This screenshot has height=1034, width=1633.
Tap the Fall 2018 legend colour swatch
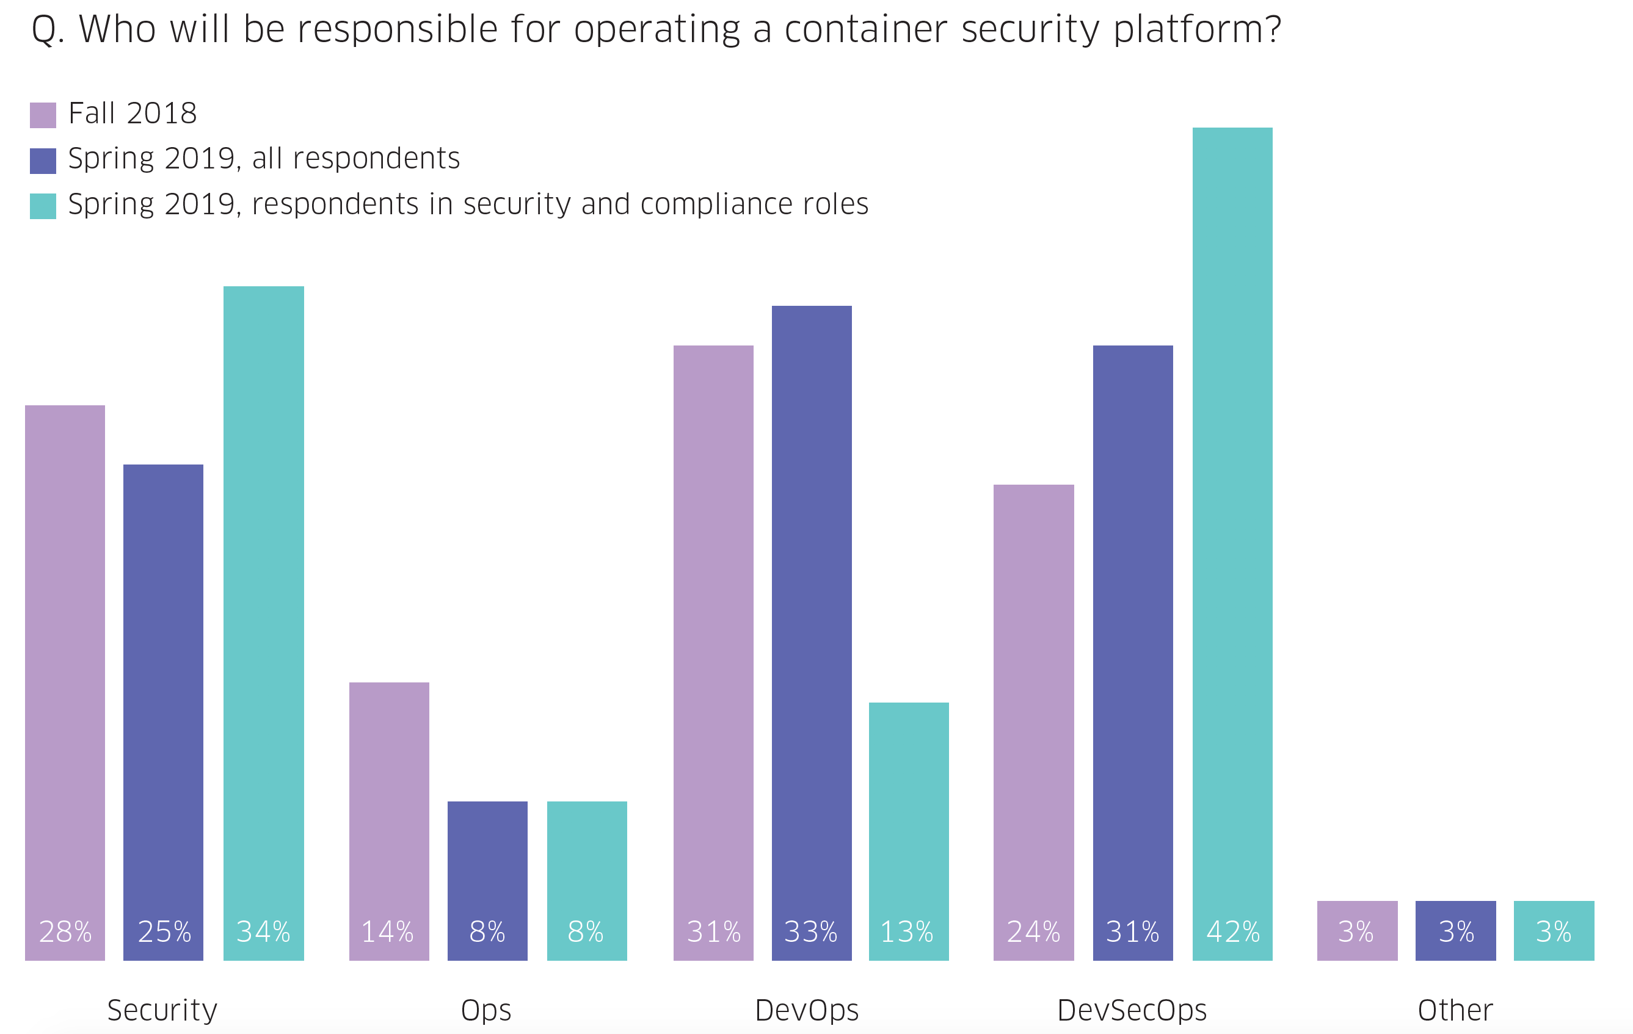pyautogui.click(x=43, y=115)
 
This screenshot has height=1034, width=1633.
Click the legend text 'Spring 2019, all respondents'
pyautogui.click(x=264, y=159)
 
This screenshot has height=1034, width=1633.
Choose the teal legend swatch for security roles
pyautogui.click(x=43, y=206)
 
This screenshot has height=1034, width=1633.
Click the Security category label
pyautogui.click(x=162, y=1010)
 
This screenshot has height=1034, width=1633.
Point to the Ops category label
pyautogui.click(x=486, y=1010)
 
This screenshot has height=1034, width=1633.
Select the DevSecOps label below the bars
pyautogui.click(x=1132, y=1010)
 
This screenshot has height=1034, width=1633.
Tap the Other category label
pyautogui.click(x=1455, y=1010)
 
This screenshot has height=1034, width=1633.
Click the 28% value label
pyautogui.click(x=65, y=931)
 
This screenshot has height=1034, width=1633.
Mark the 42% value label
pyautogui.click(x=1233, y=931)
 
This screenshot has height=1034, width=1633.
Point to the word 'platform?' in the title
pyautogui.click(x=1197, y=31)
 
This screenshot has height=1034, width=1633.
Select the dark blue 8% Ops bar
pyautogui.click(x=487, y=875)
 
